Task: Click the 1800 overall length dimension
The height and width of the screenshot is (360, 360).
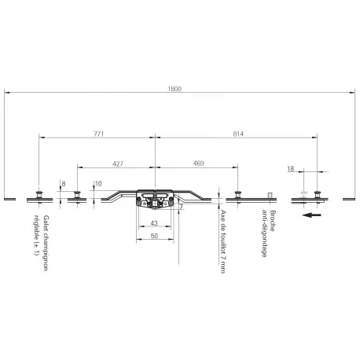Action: [174, 89]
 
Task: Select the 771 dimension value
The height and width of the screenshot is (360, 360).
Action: [99, 134]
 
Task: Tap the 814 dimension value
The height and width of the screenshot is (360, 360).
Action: [238, 134]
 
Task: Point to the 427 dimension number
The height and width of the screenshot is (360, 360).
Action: [118, 163]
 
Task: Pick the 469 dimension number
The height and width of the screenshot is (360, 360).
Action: [198, 163]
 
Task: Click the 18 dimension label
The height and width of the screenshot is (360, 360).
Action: [291, 169]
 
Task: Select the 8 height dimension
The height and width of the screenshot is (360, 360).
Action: [64, 184]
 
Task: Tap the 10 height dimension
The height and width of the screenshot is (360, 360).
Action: [98, 184]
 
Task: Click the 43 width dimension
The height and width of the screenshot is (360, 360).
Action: [154, 223]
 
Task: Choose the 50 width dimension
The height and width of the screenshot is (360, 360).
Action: [154, 236]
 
